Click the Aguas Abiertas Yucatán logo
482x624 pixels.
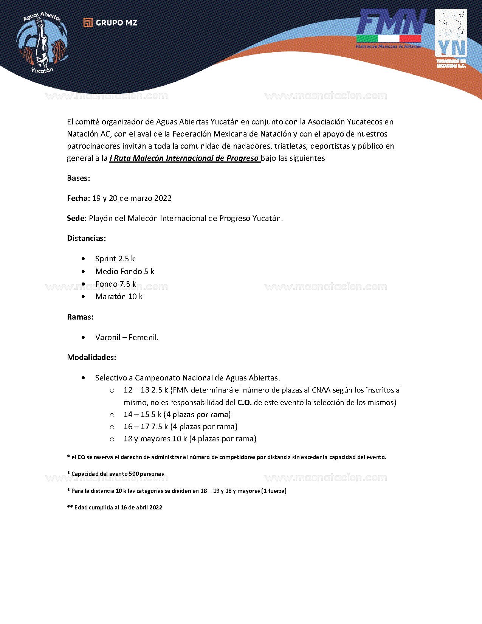pyautogui.click(x=42, y=42)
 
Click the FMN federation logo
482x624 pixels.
pyautogui.click(x=389, y=28)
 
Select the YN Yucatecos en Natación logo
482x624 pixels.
pyautogui.click(x=451, y=38)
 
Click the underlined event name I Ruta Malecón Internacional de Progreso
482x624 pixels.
pyautogui.click(x=184, y=158)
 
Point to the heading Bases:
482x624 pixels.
pyautogui.click(x=79, y=178)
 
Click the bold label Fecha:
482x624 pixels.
pyautogui.click(x=79, y=198)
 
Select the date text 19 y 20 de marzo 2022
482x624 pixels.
pyautogui.click(x=132, y=198)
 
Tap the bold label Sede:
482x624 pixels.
pyautogui.click(x=77, y=218)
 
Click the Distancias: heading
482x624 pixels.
pyautogui.click(x=87, y=238)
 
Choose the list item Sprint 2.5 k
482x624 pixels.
pyautogui.click(x=115, y=259)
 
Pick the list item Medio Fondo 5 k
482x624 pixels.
pyautogui.click(x=125, y=272)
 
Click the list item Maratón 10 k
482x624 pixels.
pyautogui.click(x=119, y=296)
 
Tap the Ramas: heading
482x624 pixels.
pyautogui.click(x=80, y=317)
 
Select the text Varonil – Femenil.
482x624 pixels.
pyautogui.click(x=127, y=337)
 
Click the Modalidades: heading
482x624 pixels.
pyautogui.click(x=91, y=357)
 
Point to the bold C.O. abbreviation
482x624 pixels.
pyautogui.click(x=244, y=402)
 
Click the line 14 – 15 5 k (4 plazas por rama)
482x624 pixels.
pyautogui.click(x=177, y=414)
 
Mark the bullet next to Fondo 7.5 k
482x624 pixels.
pyautogui.click(x=83, y=284)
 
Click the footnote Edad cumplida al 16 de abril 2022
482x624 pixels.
pyautogui.click(x=118, y=508)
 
